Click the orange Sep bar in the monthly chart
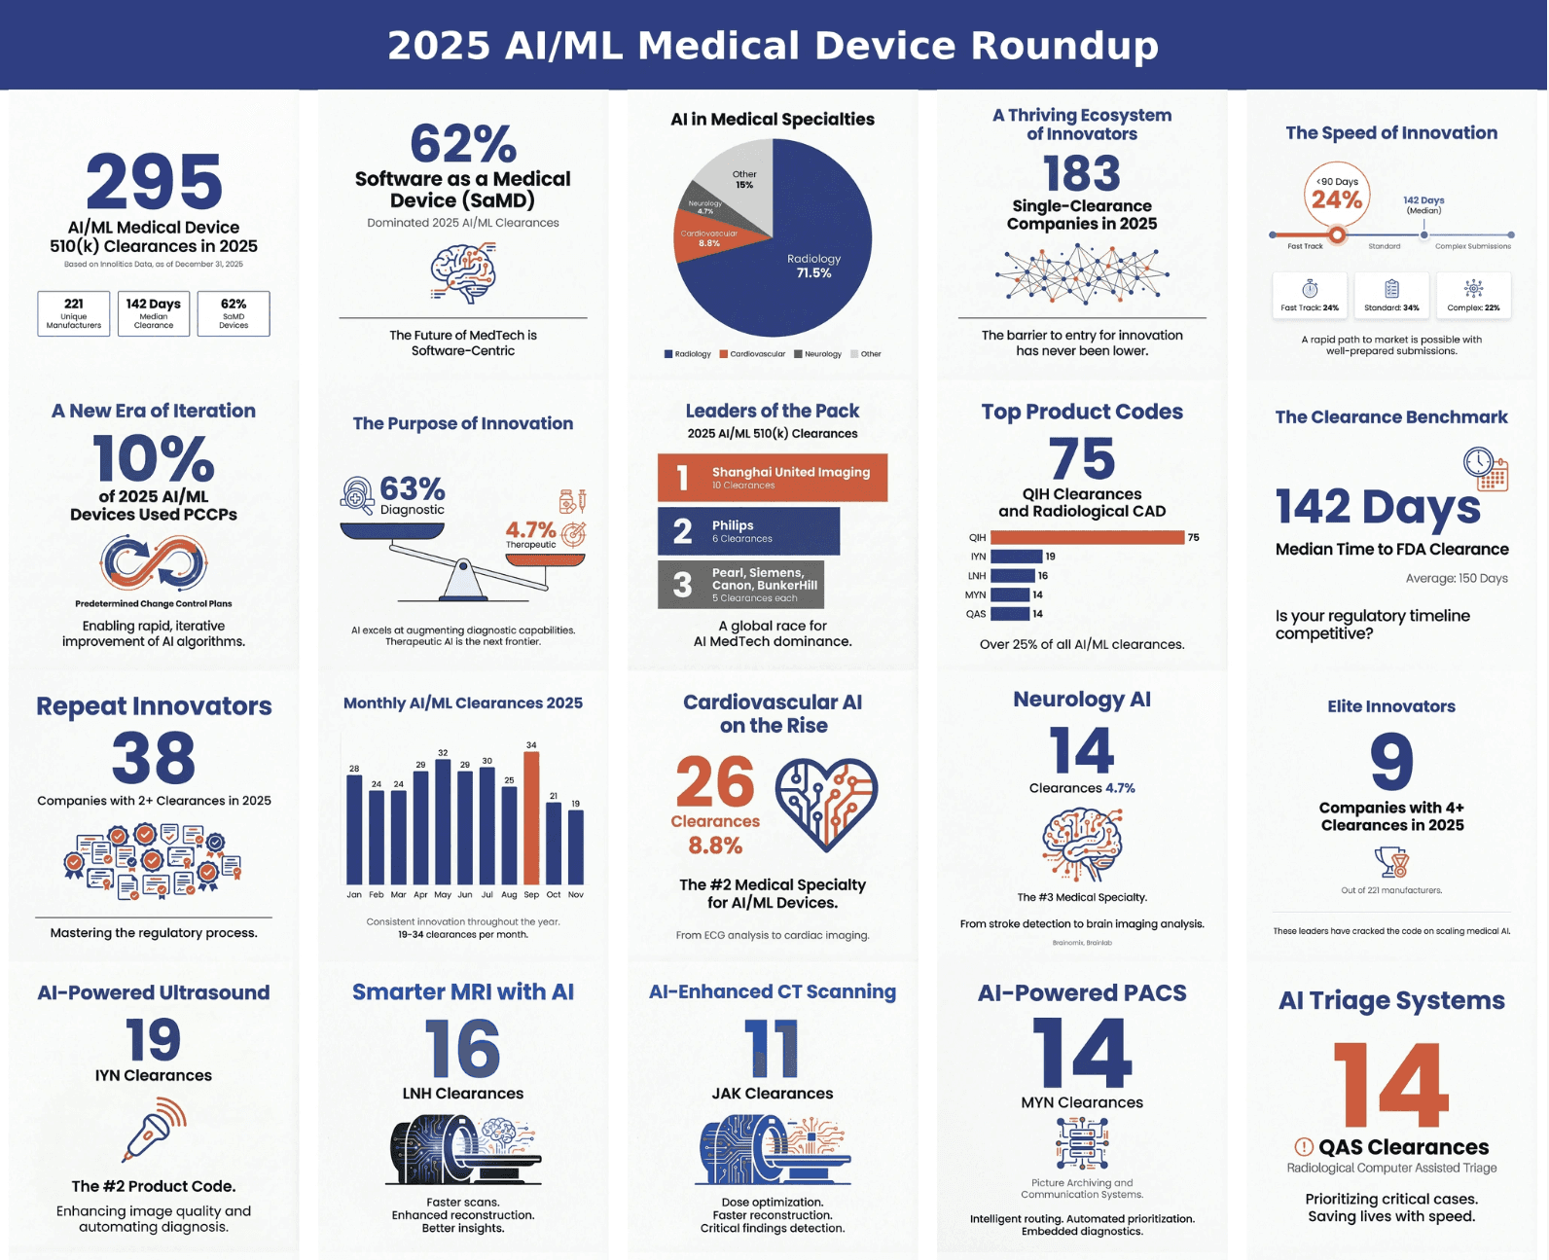531,817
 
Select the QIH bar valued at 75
1087,537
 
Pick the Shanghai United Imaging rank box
773,478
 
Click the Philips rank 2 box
748,531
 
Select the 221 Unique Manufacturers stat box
74,313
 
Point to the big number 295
154,182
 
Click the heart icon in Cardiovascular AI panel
826,803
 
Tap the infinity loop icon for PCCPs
154,563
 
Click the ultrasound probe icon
154,1129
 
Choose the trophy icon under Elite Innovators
1391,862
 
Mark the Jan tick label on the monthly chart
354,894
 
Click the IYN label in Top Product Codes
978,557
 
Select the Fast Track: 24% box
1310,294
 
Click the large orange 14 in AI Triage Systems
1391,1085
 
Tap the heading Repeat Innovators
154,706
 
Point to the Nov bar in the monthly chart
576,846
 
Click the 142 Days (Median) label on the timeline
1423,204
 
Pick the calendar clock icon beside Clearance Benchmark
1485,469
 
